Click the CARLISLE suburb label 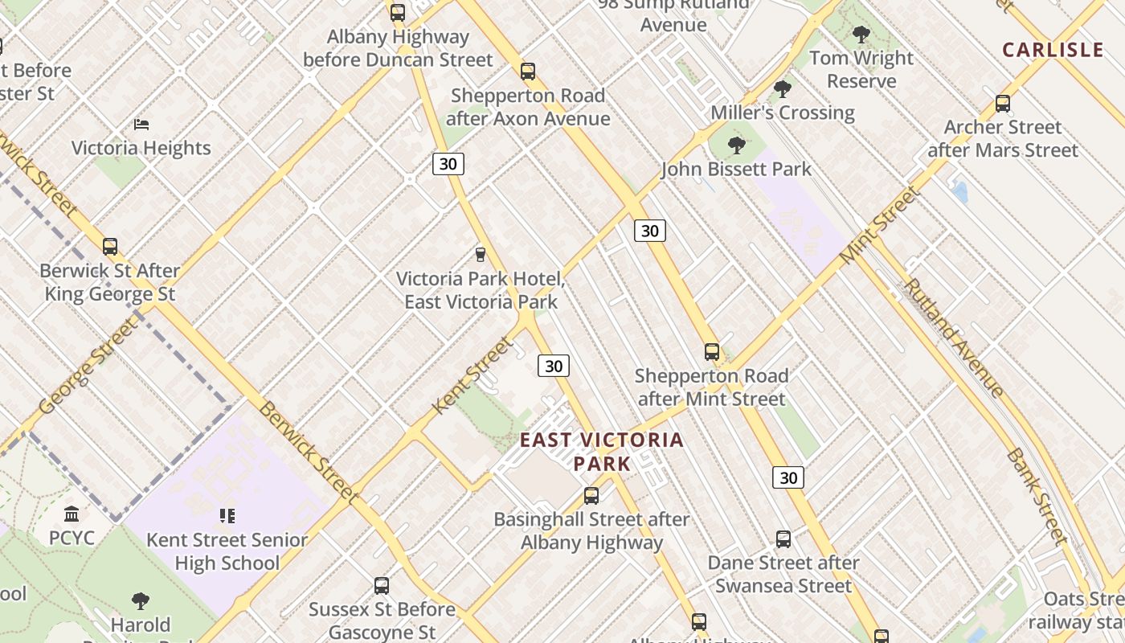1053,50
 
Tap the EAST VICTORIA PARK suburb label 602,452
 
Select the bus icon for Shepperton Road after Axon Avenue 528,72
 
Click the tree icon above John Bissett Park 736,145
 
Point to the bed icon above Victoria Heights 141,125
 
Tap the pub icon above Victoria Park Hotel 481,255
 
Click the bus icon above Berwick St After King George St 110,247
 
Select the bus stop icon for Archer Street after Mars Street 1003,104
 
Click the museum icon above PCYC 72,514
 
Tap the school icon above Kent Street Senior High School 228,516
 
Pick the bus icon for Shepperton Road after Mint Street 712,352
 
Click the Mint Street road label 879,226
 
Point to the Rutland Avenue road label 953,338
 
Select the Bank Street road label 1036,496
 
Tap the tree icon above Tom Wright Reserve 861,35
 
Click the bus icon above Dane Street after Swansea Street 783,539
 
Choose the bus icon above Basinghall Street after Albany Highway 591,496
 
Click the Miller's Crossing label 782,113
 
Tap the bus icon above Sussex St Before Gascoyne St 382,586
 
